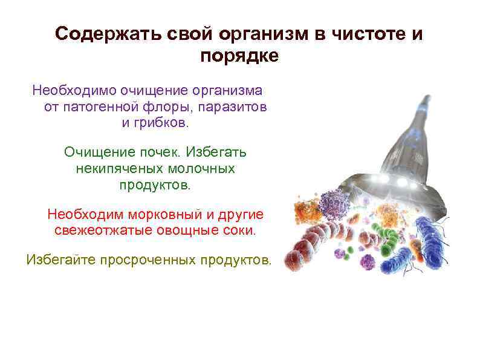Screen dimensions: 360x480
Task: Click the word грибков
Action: (x=163, y=123)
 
